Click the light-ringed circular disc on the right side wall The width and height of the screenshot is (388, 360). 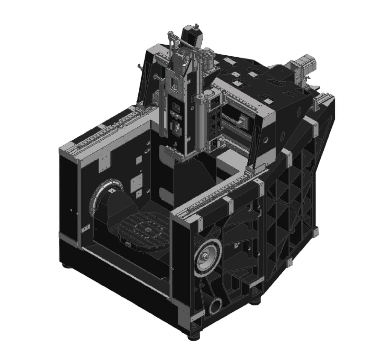[208, 258]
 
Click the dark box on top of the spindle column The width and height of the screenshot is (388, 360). [191, 35]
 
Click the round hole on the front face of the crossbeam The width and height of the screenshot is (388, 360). [266, 141]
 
